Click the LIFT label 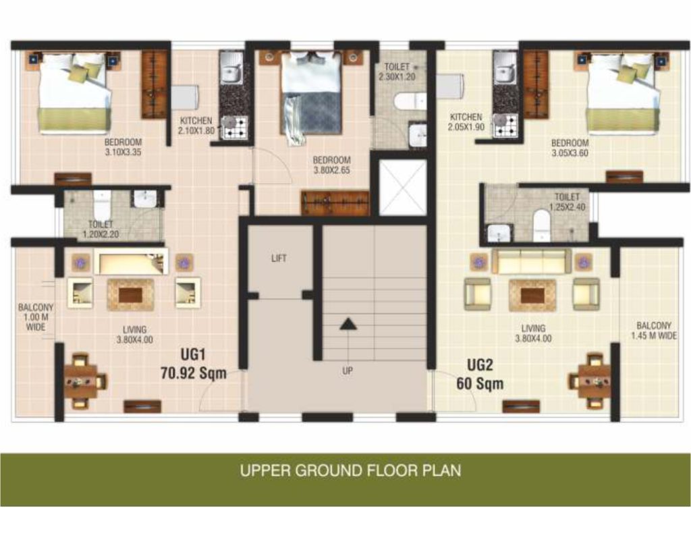tap(279, 259)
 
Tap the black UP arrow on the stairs tap(348, 324)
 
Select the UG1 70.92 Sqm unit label tap(194, 364)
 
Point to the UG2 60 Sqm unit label tap(480, 374)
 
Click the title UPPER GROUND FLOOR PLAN tap(351, 470)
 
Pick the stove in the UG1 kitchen tap(233, 128)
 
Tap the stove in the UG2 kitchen tap(505, 125)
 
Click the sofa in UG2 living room tap(532, 261)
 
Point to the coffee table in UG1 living tap(130, 295)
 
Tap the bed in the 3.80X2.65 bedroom tap(310, 94)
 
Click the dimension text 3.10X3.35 tap(123, 153)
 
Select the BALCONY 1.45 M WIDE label tap(654, 331)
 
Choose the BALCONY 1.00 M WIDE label tap(36, 317)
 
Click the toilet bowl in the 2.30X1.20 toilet tap(409, 101)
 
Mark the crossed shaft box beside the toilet tap(403, 187)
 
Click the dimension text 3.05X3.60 tap(570, 153)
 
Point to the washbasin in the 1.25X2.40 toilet tap(499, 233)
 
